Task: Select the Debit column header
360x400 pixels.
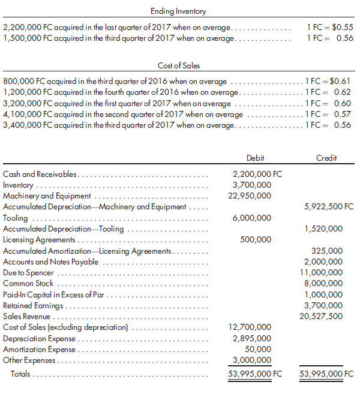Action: pyautogui.click(x=255, y=158)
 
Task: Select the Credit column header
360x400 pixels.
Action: pyautogui.click(x=326, y=158)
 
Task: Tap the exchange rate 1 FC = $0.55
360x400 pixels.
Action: pyautogui.click(x=329, y=28)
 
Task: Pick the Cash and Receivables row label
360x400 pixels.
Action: pyautogui.click(x=40, y=174)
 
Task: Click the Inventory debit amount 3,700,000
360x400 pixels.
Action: pyautogui.click(x=251, y=185)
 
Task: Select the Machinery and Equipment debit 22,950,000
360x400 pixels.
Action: pyautogui.click(x=250, y=196)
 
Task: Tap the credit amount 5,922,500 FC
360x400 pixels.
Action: pyautogui.click(x=329, y=207)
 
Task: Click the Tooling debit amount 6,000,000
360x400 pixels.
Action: pyautogui.click(x=251, y=218)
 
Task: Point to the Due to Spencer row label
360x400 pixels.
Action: pyautogui.click(x=28, y=272)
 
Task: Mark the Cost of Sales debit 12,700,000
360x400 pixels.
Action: pyautogui.click(x=250, y=327)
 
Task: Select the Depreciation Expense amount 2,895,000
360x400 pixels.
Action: pyautogui.click(x=251, y=338)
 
